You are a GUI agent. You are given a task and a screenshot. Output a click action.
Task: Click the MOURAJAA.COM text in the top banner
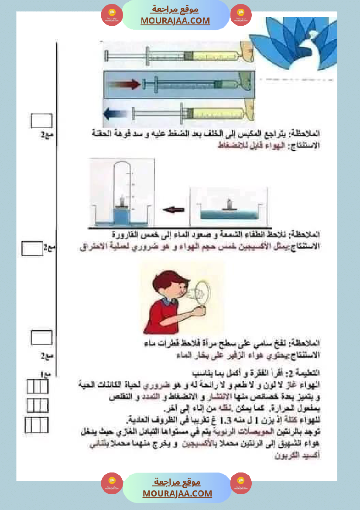[175, 21]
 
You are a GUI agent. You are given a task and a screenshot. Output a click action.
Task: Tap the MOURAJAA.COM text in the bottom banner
[177, 493]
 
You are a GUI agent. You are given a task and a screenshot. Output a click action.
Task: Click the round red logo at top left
[112, 15]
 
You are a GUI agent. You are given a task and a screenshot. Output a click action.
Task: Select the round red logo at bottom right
[241, 483]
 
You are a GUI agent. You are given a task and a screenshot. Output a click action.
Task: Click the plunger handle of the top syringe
[106, 56]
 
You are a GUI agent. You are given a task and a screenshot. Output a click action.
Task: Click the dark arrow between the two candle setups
[173, 210]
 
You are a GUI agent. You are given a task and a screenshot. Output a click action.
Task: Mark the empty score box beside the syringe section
[41, 120]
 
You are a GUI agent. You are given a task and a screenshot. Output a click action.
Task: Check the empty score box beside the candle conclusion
[32, 249]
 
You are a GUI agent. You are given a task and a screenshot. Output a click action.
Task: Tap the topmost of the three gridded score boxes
[37, 387]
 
